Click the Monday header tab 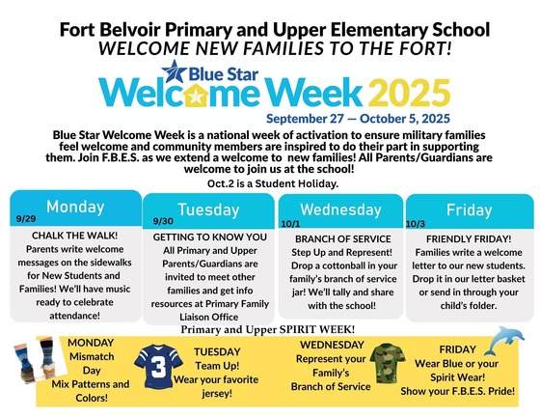tap(74, 207)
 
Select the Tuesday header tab tap(209, 209)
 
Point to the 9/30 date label tap(164, 221)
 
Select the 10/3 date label tap(417, 221)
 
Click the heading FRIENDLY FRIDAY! tap(469, 237)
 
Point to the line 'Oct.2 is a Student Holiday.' tap(271, 182)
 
